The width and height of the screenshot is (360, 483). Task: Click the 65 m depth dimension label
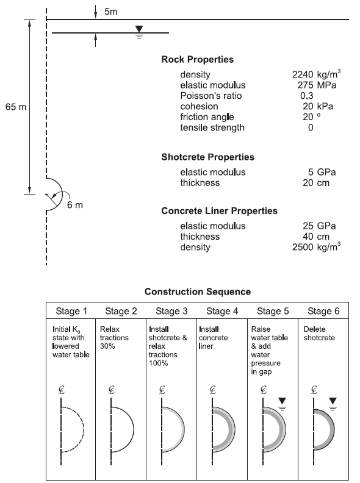click(x=16, y=107)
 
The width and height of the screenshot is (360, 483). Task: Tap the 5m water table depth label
click(x=110, y=12)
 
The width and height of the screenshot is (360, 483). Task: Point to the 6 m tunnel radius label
click(x=75, y=205)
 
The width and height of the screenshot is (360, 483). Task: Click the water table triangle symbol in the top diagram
click(x=139, y=29)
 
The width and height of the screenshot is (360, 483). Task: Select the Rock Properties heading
click(x=198, y=59)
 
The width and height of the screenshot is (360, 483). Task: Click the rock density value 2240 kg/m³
click(x=317, y=74)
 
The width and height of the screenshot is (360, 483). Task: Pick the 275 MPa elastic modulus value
click(x=317, y=85)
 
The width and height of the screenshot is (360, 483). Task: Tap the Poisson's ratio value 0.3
click(x=307, y=96)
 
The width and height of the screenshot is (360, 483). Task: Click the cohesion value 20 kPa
click(x=318, y=106)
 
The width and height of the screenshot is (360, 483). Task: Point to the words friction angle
click(x=207, y=117)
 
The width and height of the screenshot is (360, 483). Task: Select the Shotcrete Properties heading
click(x=207, y=157)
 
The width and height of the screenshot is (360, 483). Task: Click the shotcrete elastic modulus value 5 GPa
click(x=322, y=172)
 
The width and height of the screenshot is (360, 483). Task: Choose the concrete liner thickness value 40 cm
click(x=316, y=237)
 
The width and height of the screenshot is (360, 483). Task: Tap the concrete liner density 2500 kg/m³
click(x=317, y=247)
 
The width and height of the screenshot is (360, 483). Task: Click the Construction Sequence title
click(x=198, y=292)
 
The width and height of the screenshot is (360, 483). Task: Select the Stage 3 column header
click(x=171, y=311)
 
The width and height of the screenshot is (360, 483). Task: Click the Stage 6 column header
click(x=323, y=311)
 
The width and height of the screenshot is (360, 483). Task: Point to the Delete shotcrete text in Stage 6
click(x=319, y=334)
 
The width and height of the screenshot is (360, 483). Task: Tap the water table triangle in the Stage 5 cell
click(x=282, y=401)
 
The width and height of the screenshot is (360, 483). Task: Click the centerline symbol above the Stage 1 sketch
click(x=62, y=390)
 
